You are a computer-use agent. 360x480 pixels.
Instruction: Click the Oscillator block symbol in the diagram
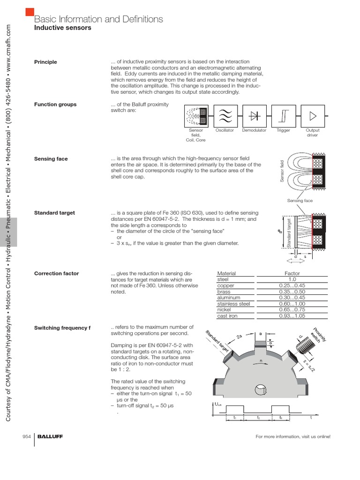point(225,115)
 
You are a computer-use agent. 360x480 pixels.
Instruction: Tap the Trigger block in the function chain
point(284,115)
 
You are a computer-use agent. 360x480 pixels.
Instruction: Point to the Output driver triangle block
point(313,115)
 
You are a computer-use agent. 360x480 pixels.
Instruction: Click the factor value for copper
point(292,285)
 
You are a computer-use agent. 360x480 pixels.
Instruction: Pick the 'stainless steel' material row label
point(233,304)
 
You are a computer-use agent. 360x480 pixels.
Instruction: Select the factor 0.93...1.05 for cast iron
point(292,316)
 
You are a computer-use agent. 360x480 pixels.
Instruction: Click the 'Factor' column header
point(292,273)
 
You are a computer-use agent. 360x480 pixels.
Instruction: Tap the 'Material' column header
point(226,273)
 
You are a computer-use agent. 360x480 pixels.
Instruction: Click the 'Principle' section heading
point(45,62)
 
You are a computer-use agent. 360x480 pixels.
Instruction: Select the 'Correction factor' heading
point(56,273)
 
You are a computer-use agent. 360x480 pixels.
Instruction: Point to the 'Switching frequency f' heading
point(62,327)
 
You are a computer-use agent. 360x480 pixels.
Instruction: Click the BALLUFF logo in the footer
point(50,436)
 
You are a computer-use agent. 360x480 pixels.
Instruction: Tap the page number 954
point(27,436)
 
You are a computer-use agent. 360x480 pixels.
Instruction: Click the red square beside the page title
point(30,12)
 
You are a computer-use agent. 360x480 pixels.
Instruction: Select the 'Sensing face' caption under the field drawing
point(300,201)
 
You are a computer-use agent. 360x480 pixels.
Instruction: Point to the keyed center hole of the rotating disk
point(260,390)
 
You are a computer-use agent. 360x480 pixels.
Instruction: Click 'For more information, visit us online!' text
point(292,436)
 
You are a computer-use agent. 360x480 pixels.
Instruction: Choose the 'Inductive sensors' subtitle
point(63,28)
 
